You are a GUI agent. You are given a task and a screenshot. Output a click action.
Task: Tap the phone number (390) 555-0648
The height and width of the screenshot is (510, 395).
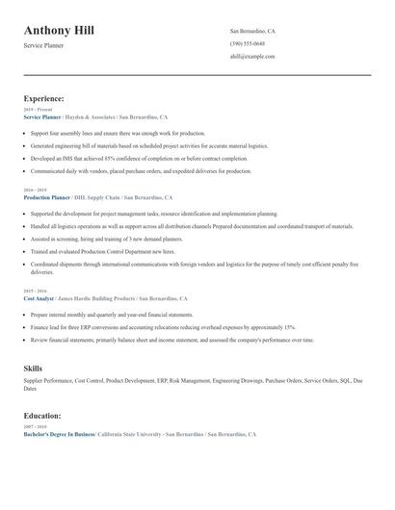248,44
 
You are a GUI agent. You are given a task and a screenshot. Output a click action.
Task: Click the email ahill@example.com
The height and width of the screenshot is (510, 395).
252,57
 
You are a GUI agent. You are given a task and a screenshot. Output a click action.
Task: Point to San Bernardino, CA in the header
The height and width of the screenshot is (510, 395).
252,31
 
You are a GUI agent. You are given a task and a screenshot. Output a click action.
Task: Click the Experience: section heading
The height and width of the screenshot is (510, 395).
44,98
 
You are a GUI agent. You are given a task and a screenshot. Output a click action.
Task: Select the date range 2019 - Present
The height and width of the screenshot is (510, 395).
36,109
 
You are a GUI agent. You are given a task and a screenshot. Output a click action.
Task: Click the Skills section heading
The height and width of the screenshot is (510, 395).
33,369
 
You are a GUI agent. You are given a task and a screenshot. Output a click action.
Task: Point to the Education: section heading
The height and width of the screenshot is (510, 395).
42,416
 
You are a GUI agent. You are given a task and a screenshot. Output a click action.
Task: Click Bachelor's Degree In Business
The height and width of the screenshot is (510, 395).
59,435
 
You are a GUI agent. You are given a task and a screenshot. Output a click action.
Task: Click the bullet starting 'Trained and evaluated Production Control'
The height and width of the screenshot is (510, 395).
102,250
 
